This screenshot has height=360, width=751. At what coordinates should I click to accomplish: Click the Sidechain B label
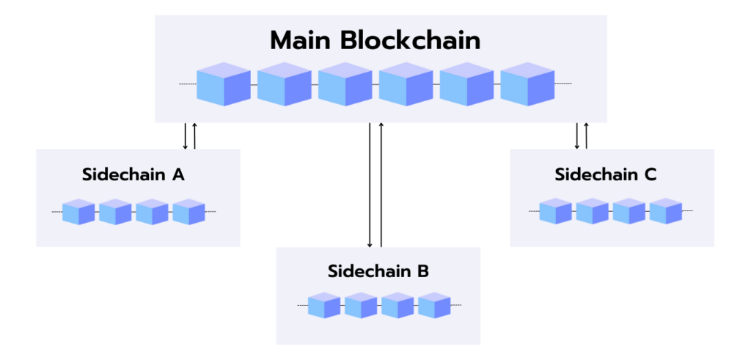(x=378, y=271)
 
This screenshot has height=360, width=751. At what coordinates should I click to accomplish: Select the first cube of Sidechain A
(x=78, y=211)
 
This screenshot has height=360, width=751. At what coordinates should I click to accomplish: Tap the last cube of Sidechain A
(x=188, y=211)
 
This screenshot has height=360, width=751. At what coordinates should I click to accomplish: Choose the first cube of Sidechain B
(x=323, y=305)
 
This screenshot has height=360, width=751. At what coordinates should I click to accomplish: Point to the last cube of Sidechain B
(x=434, y=305)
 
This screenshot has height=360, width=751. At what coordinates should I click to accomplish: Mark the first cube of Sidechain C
(x=555, y=210)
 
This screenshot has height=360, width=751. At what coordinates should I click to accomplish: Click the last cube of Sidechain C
(x=666, y=210)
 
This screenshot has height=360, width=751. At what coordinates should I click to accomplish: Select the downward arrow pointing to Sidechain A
(x=186, y=136)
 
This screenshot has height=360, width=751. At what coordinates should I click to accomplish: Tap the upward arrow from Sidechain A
(x=194, y=136)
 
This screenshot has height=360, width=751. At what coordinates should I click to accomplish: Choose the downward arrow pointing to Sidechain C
(x=577, y=136)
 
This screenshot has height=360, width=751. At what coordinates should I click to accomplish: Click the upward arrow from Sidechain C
(x=586, y=136)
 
